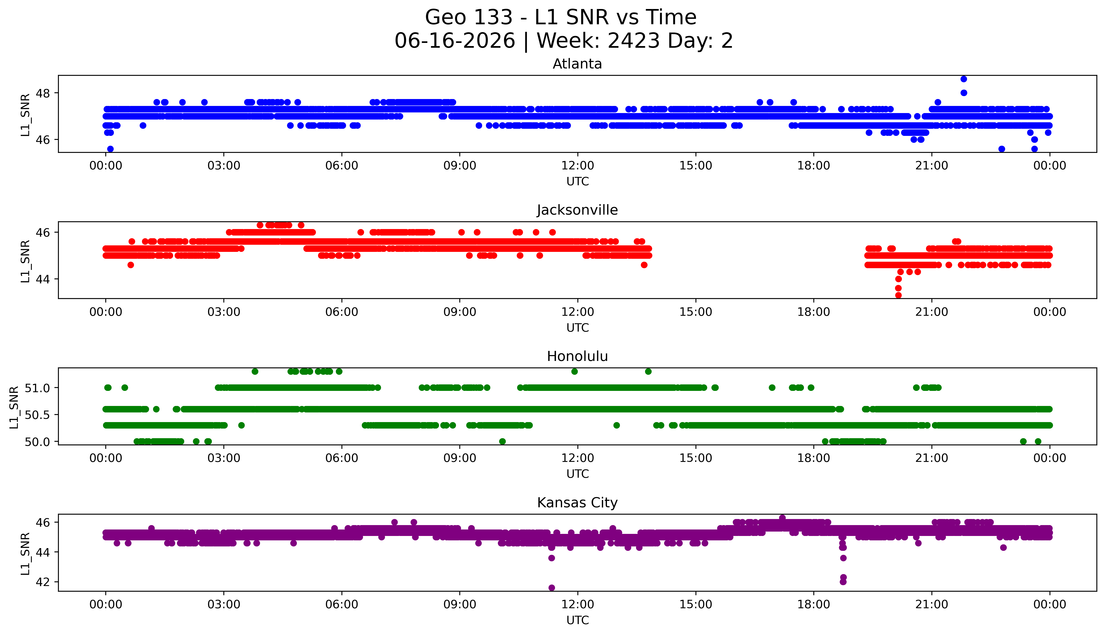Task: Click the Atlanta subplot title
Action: pyautogui.click(x=577, y=64)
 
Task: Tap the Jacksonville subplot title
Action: pyautogui.click(x=577, y=210)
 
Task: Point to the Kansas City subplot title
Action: pyautogui.click(x=577, y=503)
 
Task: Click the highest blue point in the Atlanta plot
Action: pyautogui.click(x=964, y=79)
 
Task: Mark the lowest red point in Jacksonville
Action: pyautogui.click(x=898, y=295)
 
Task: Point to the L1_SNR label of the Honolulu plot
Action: pyautogui.click(x=14, y=407)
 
